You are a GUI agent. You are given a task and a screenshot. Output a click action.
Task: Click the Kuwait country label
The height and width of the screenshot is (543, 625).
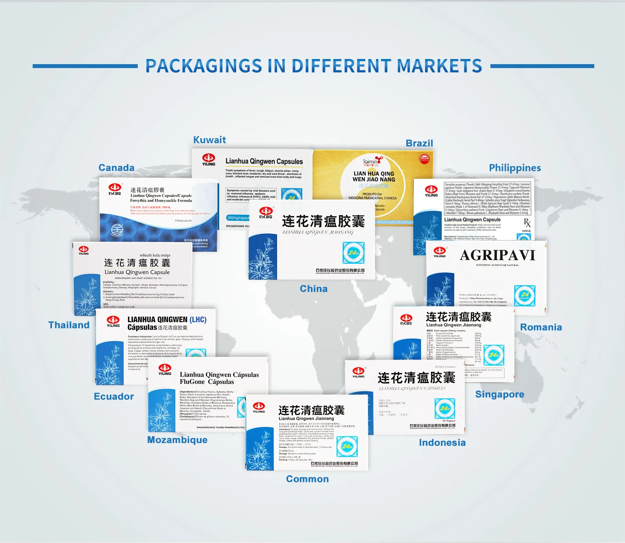209,140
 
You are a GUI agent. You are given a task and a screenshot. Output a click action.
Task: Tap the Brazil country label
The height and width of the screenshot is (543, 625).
419,143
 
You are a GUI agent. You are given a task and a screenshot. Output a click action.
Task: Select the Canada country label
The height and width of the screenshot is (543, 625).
116,168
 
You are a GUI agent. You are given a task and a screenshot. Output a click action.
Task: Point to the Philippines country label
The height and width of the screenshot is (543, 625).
515,168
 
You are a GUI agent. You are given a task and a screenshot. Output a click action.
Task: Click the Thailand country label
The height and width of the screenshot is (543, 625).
69,325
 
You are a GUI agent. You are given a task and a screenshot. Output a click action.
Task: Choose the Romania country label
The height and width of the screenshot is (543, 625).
541,327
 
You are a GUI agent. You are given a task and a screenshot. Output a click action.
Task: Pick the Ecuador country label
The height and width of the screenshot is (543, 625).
114,396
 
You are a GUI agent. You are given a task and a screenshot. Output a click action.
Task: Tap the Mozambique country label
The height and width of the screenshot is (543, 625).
177,440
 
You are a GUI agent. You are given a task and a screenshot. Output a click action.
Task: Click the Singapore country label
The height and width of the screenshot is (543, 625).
499,394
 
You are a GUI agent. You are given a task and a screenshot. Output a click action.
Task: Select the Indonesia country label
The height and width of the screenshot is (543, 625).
442,443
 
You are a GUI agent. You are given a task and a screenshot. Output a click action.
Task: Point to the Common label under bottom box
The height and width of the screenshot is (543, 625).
307,479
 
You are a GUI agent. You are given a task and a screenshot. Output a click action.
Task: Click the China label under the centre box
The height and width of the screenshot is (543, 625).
313,289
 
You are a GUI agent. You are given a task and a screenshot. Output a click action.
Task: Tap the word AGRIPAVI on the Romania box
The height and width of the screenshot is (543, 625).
497,255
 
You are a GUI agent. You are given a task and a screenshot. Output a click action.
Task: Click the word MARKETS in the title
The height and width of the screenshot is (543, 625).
439,66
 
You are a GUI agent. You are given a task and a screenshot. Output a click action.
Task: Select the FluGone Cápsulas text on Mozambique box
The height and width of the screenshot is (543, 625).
207,382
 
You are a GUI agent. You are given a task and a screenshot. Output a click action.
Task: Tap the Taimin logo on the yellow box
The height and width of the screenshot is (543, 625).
372,161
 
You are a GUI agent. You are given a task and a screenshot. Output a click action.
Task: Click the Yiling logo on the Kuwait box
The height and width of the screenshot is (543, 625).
209,159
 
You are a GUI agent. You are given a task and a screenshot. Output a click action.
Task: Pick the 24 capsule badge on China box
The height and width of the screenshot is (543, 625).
353,253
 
